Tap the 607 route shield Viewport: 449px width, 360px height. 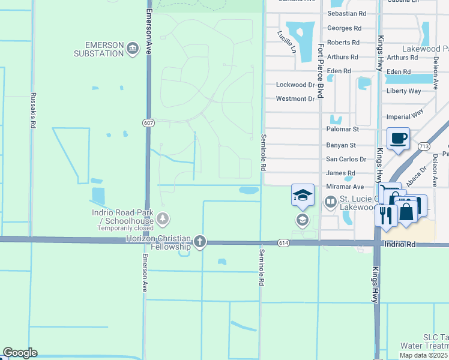pyautogui.click(x=148, y=123)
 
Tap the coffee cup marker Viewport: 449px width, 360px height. pyautogui.click(x=399, y=139)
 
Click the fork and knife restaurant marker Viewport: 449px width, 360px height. pyautogui.click(x=385, y=214)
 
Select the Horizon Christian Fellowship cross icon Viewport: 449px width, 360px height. pyautogui.click(x=200, y=242)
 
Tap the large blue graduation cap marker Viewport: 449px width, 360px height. pyautogui.click(x=303, y=196)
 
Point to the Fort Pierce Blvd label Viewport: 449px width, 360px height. pyautogui.click(x=321, y=71)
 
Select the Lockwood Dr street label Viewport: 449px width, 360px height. pyautogui.click(x=295, y=85)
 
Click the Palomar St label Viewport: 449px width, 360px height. pyautogui.click(x=342, y=129)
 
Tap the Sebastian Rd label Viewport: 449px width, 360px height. pyautogui.click(x=347, y=13)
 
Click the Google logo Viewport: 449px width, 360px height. pyautogui.click(x=20, y=353)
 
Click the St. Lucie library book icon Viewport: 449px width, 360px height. pyautogui.click(x=330, y=203)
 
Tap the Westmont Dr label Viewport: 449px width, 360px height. pyautogui.click(x=295, y=98)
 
